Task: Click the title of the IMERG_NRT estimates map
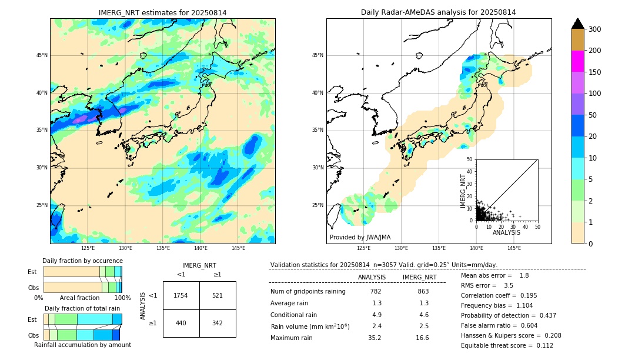(x=162, y=12)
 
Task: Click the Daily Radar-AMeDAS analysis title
(x=438, y=12)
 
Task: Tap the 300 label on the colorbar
(x=594, y=29)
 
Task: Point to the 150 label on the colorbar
(x=594, y=72)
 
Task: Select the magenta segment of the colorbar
(x=577, y=61)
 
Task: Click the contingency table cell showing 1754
(x=181, y=295)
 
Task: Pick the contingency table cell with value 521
(x=218, y=295)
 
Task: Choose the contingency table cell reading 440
(x=181, y=323)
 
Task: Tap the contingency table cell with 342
(x=218, y=323)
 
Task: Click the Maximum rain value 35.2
(x=375, y=338)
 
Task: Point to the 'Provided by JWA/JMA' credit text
(x=360, y=237)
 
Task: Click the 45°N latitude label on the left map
(x=42, y=55)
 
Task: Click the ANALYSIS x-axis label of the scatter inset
(x=506, y=232)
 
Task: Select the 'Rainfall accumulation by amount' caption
(x=82, y=345)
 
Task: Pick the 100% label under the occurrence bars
(x=122, y=298)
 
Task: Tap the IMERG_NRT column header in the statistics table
(x=419, y=277)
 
